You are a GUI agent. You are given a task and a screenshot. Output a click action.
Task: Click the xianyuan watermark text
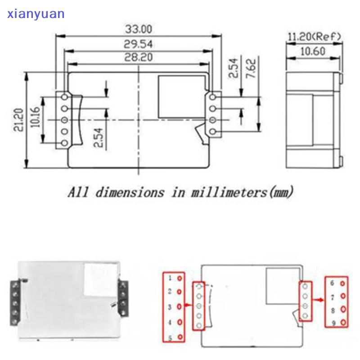point(36,14)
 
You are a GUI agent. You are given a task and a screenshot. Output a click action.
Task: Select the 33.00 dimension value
point(139,29)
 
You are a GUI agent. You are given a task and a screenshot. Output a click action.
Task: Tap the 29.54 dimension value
point(138,44)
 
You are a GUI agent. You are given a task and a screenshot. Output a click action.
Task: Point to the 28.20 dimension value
point(139,57)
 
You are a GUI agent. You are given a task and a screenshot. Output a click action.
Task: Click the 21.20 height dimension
point(18,120)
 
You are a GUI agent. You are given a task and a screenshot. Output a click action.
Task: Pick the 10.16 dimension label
point(35,117)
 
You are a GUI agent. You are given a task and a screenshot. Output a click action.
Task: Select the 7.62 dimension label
point(251,68)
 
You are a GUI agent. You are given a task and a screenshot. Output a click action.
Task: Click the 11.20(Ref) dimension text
point(315,36)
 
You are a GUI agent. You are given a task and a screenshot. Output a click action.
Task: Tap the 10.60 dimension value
point(313,51)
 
